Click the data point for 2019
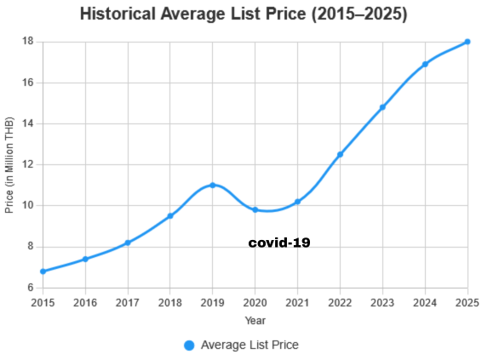[x=213, y=185]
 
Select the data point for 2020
[x=255, y=209]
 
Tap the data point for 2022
[x=340, y=154]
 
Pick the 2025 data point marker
[x=468, y=42]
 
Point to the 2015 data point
[x=43, y=271]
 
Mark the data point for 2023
[x=382, y=107]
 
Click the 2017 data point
[x=128, y=243]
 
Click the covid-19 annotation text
[x=279, y=243]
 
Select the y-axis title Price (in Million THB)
[x=10, y=165]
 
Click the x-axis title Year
[x=255, y=321]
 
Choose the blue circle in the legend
[x=189, y=345]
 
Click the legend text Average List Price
[x=250, y=345]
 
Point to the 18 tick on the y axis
[x=27, y=42]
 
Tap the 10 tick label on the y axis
[x=27, y=205]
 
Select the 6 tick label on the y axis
[x=30, y=288]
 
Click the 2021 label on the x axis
[x=297, y=302]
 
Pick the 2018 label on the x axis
[x=170, y=302]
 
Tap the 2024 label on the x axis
[x=425, y=302]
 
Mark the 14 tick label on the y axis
[x=27, y=123]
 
